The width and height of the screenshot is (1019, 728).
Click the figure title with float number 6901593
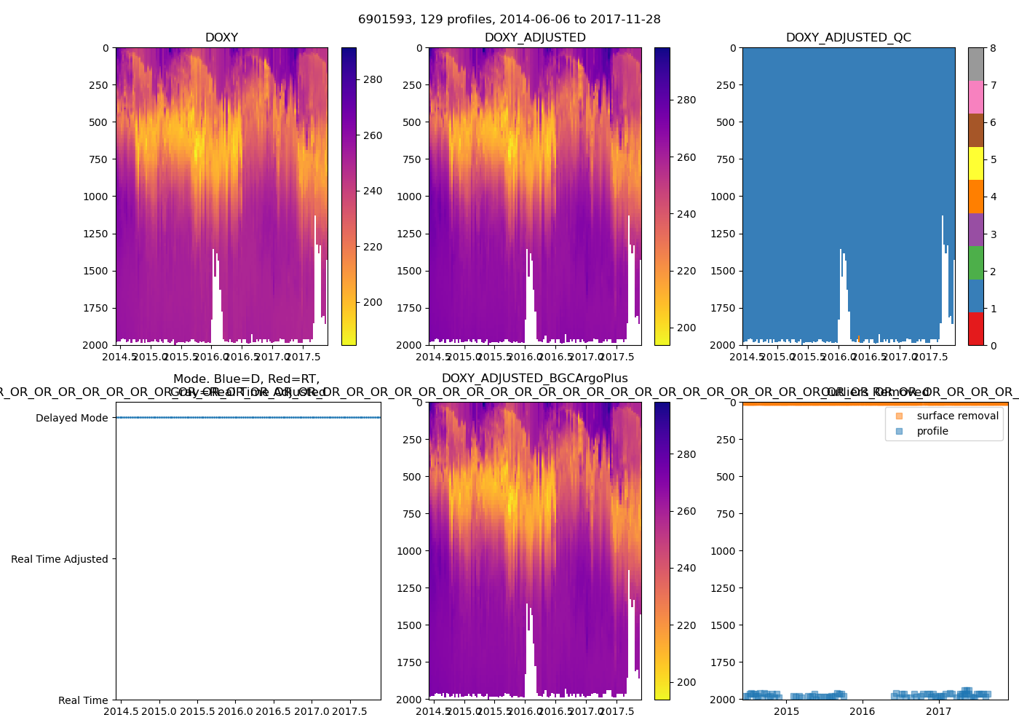pyautogui.click(x=509, y=20)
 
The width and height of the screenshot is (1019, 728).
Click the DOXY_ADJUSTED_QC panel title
pyautogui.click(x=848, y=38)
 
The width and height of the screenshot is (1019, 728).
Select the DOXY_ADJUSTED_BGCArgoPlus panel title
pyautogui.click(x=534, y=379)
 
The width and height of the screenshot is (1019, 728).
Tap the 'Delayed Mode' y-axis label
pyautogui.click(x=71, y=418)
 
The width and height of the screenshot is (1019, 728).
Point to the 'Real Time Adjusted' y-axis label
pyautogui.click(x=59, y=559)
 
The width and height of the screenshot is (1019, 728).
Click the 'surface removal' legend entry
pyautogui.click(x=957, y=416)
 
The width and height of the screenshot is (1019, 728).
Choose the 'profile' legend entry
pyautogui.click(x=932, y=431)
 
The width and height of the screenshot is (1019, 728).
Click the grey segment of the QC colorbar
pyautogui.click(x=975, y=64)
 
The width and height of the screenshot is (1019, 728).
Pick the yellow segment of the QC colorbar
pyautogui.click(x=975, y=164)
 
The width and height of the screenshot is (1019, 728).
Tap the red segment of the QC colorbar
pyautogui.click(x=975, y=329)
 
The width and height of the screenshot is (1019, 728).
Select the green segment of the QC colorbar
pyautogui.click(x=975, y=263)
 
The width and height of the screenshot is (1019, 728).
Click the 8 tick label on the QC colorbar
pyautogui.click(x=993, y=48)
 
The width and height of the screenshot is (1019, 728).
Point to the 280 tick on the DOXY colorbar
pyautogui.click(x=373, y=79)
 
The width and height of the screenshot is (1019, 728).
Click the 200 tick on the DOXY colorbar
pyautogui.click(x=373, y=302)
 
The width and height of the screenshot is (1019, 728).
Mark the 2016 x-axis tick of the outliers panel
pyautogui.click(x=863, y=711)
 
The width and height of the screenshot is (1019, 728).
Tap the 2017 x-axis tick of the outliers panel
pyautogui.click(x=939, y=711)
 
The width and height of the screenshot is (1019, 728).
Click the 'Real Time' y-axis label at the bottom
pyautogui.click(x=83, y=700)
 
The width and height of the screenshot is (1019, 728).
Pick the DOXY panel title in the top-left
pyautogui.click(x=221, y=38)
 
